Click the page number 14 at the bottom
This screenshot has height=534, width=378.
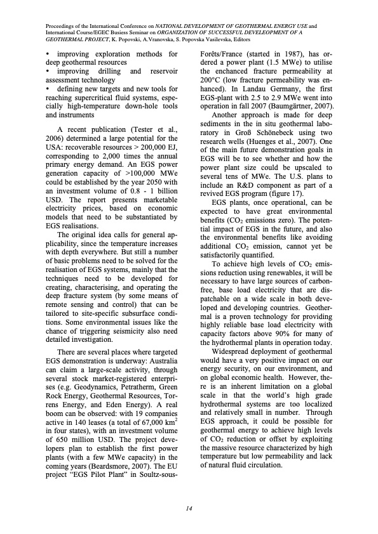189,507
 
